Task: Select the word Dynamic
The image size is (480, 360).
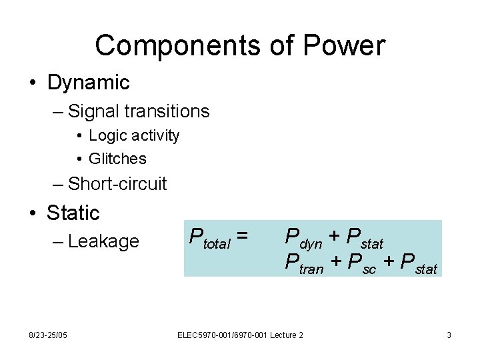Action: [88, 83]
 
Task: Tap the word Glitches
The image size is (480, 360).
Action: [117, 159]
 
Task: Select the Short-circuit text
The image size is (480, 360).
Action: [117, 183]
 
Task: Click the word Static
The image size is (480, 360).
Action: [73, 213]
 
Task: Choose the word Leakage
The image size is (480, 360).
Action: [103, 241]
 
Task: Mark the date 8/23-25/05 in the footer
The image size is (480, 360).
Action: [49, 335]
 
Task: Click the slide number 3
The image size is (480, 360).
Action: [449, 335]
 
